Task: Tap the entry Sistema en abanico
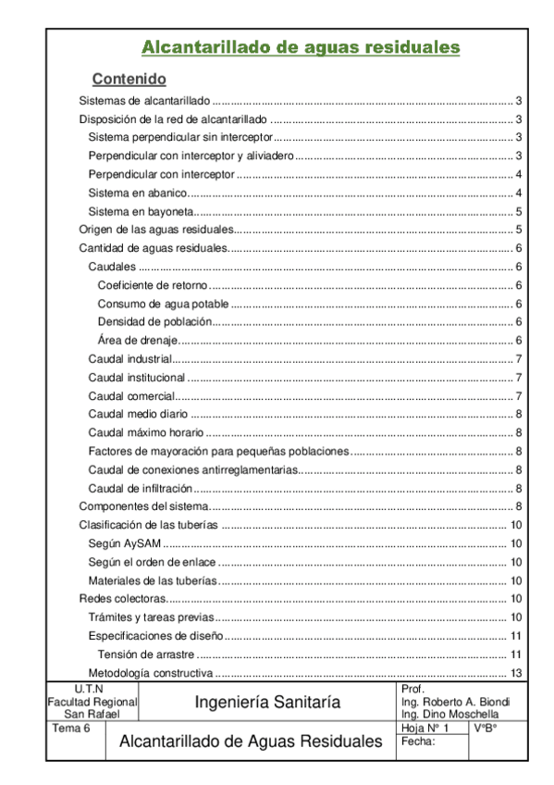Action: pos(138,193)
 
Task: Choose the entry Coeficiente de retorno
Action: pos(153,285)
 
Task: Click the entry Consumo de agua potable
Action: pos(163,304)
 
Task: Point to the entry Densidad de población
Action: pos(154,321)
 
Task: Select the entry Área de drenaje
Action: pos(138,340)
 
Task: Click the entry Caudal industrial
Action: pos(130,358)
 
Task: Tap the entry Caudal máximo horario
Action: pos(145,432)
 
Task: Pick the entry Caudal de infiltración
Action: pos(141,488)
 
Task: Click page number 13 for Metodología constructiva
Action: pos(518,672)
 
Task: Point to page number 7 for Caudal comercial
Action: pos(521,395)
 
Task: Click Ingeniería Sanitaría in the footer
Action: pos(267,703)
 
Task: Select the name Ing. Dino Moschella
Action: pos(450,715)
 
